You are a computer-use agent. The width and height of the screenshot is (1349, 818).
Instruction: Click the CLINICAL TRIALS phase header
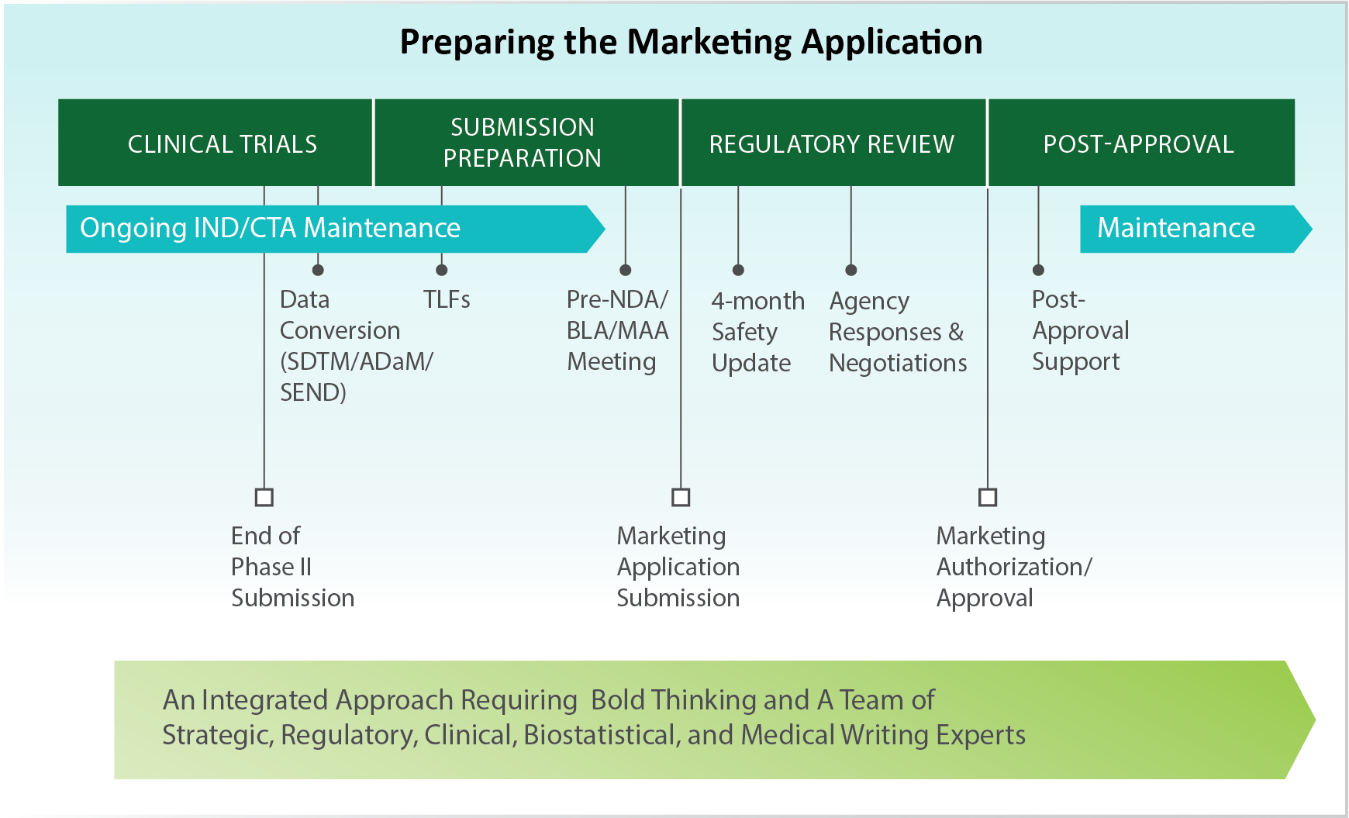(223, 143)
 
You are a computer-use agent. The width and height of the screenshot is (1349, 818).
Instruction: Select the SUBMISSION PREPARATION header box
(522, 143)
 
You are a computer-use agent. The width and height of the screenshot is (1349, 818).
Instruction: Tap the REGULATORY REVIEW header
(831, 143)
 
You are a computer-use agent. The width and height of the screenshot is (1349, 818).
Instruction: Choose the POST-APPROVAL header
(1138, 143)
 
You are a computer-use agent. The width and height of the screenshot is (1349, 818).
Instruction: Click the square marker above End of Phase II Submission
(264, 497)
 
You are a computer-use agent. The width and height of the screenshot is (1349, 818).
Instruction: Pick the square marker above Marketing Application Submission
(681, 497)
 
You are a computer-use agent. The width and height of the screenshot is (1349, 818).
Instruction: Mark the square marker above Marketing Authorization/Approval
(988, 497)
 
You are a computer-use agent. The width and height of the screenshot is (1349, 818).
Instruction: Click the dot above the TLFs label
(442, 270)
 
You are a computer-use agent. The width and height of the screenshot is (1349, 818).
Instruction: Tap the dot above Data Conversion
(318, 270)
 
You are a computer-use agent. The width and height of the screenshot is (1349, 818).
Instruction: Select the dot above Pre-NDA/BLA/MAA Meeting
(626, 270)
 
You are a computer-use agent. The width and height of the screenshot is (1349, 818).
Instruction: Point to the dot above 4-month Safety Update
(738, 270)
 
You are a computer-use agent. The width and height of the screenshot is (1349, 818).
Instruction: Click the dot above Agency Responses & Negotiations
(851, 270)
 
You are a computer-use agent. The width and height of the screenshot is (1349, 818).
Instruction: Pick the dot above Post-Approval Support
(1039, 270)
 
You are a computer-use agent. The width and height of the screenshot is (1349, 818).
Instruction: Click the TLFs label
(447, 299)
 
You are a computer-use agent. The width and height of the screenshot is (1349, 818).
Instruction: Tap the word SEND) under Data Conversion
(312, 392)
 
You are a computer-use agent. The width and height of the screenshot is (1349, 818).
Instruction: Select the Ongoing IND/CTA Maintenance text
(270, 228)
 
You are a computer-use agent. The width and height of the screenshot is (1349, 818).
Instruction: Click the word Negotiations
(898, 363)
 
